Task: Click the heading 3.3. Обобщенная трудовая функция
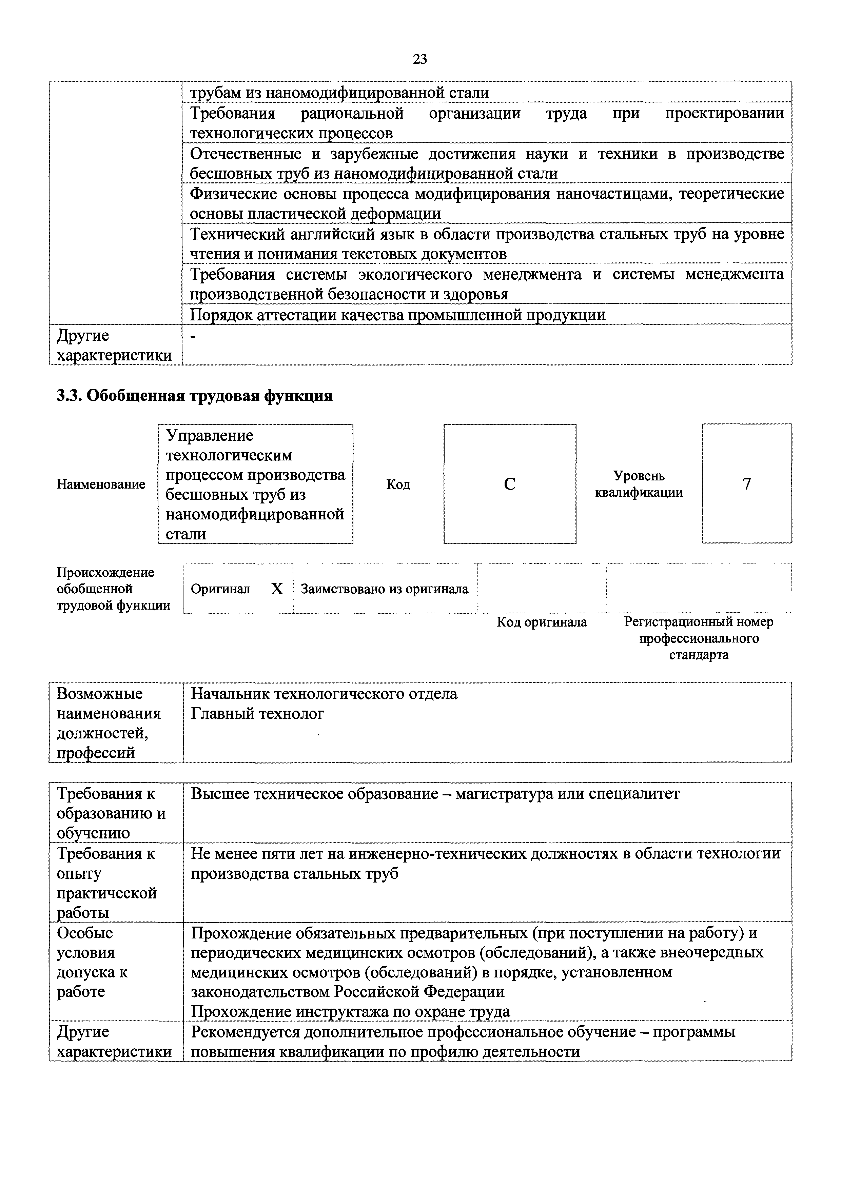pos(194,396)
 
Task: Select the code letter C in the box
pos(510,484)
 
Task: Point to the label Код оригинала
pos(542,621)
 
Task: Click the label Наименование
pos(101,484)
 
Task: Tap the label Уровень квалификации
pos(639,484)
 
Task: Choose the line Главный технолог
pos(257,714)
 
